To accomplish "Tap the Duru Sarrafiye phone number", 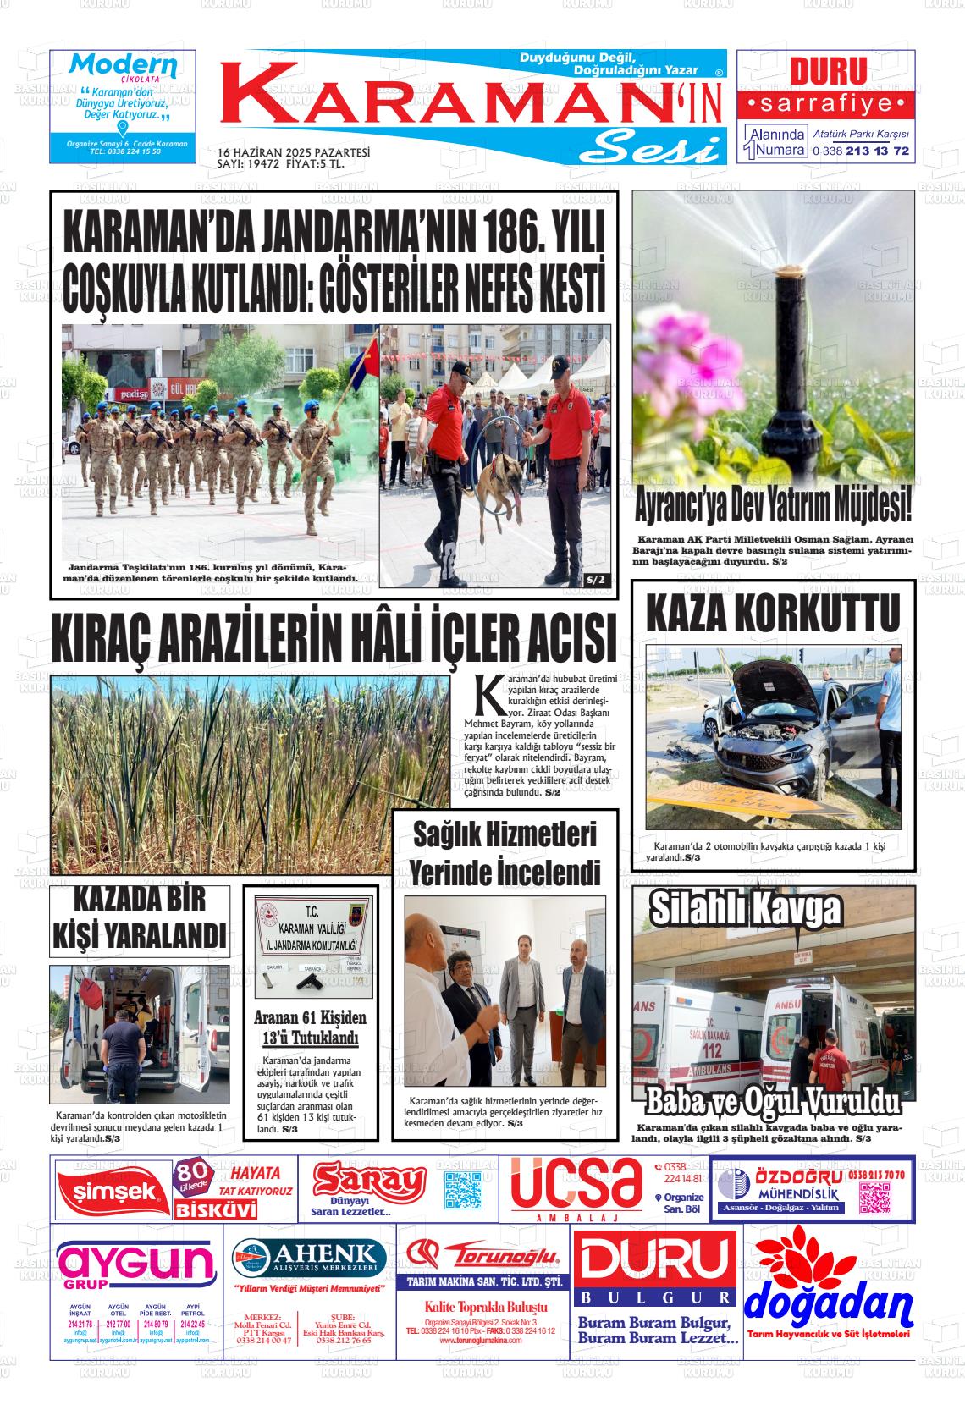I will pyautogui.click(x=860, y=151).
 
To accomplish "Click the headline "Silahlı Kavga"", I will pyautogui.click(x=745, y=910).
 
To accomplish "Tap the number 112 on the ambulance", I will pyautogui.click(x=712, y=1050).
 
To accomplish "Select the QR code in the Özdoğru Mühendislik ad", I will pyautogui.click(x=876, y=1198).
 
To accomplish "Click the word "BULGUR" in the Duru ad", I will pyautogui.click(x=655, y=1297).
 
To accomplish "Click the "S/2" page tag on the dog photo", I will pyautogui.click(x=596, y=580).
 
